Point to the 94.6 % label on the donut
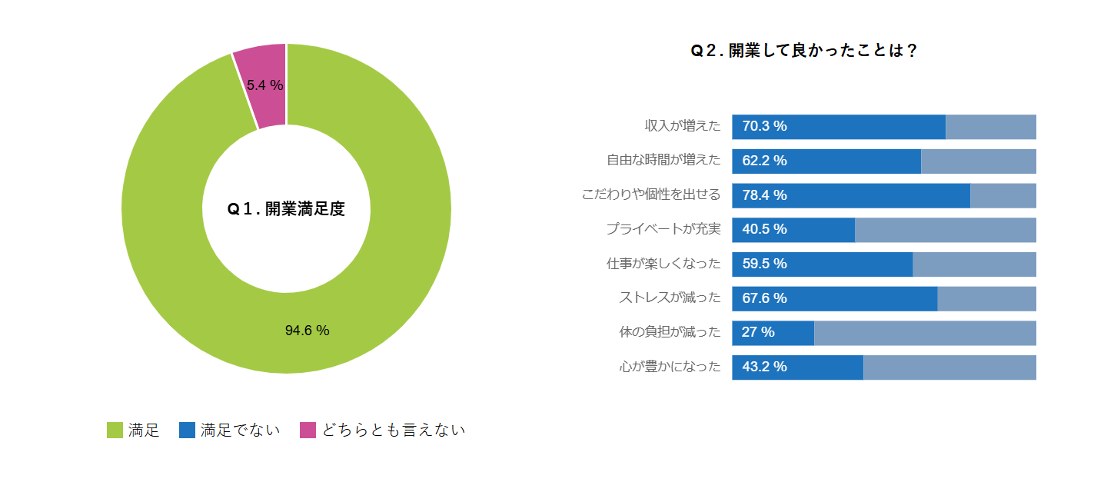(307, 331)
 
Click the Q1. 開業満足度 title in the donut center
(286, 209)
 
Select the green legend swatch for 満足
(115, 431)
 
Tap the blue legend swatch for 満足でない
(187, 431)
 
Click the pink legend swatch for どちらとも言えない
(308, 431)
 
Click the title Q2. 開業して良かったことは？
(803, 51)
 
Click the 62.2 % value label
(764, 161)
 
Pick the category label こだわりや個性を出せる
(651, 195)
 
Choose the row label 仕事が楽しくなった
(663, 264)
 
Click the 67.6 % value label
(764, 298)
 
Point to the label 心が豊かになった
(670, 367)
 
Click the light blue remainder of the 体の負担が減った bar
(925, 333)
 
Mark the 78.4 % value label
(764, 195)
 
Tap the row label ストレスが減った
(670, 298)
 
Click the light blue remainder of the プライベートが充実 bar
(946, 230)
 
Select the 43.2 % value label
(764, 367)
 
